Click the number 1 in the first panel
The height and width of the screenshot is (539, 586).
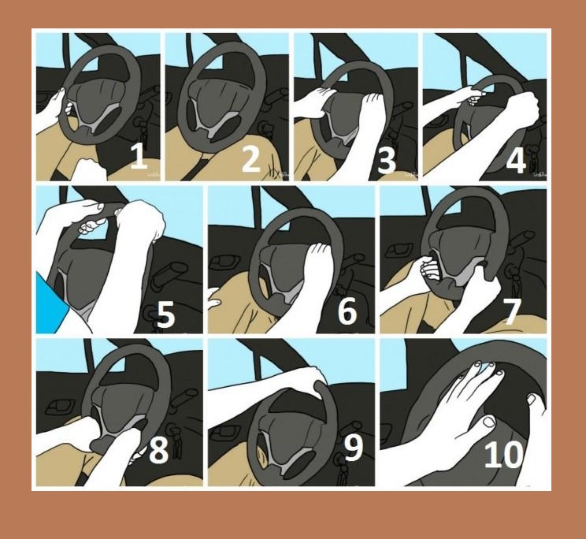(x=139, y=156)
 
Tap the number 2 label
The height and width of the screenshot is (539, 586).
(x=250, y=159)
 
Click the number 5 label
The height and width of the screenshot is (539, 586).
(x=165, y=314)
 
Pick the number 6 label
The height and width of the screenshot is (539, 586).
(x=347, y=311)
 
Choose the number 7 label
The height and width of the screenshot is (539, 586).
(x=512, y=311)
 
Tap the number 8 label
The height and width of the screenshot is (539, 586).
(x=158, y=450)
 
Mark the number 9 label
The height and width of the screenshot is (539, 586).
(x=353, y=448)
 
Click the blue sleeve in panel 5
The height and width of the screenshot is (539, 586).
(x=52, y=303)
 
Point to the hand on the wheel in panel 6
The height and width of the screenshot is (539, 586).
(x=317, y=262)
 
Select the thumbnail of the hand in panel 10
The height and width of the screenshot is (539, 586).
(x=489, y=422)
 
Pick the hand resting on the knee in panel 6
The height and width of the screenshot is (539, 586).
(x=215, y=298)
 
